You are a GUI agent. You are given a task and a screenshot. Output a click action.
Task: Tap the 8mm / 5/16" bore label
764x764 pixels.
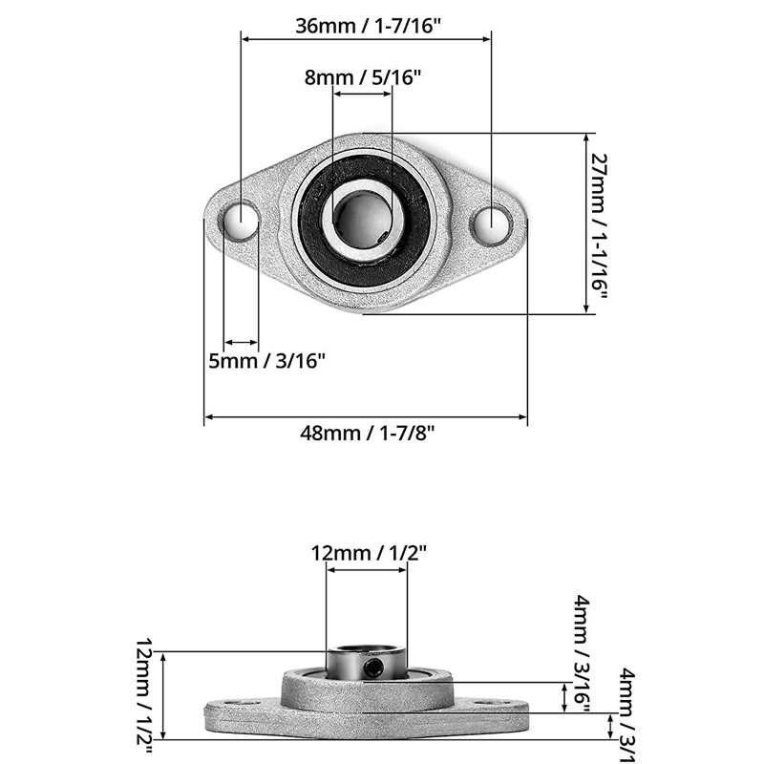click(363, 78)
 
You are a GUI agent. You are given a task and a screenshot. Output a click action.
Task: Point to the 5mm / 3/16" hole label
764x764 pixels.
click(267, 361)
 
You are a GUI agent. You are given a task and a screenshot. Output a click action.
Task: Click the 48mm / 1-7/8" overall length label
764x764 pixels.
click(367, 433)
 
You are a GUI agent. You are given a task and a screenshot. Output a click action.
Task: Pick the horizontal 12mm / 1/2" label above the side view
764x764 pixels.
click(368, 551)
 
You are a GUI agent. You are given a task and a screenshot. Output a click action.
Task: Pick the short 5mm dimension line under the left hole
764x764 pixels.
click(241, 343)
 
